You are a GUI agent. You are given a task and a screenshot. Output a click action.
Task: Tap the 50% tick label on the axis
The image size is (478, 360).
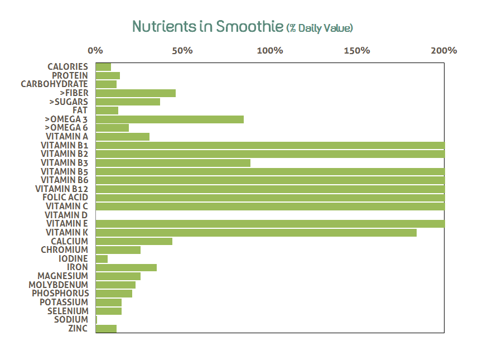pyautogui.click(x=182, y=51)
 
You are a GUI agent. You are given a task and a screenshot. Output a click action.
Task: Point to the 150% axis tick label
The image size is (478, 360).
pyautogui.click(x=357, y=51)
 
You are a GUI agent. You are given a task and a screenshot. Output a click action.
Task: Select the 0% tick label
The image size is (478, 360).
pyautogui.click(x=96, y=51)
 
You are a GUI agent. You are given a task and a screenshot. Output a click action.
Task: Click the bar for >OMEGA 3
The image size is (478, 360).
pyautogui.click(x=170, y=119)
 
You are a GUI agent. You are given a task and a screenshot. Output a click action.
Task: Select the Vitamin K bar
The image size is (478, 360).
pyautogui.click(x=256, y=232)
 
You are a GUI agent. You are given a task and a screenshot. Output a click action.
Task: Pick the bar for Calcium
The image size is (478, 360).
pyautogui.click(x=134, y=241)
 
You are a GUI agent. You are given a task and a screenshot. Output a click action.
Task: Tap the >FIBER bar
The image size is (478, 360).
pyautogui.click(x=136, y=93)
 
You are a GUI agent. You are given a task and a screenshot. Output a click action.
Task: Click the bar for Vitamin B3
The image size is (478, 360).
pyautogui.click(x=173, y=162)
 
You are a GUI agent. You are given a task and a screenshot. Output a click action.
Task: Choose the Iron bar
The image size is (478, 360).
pyautogui.click(x=126, y=267)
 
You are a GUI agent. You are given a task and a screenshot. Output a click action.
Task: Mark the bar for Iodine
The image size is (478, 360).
pyautogui.click(x=102, y=258)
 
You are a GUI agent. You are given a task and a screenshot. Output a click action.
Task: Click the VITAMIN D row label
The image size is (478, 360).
pyautogui.click(x=66, y=215)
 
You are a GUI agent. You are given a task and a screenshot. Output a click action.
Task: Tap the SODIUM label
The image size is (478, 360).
pyautogui.click(x=71, y=319)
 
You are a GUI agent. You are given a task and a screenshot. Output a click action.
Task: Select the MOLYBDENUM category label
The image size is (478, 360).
pyautogui.click(x=58, y=285)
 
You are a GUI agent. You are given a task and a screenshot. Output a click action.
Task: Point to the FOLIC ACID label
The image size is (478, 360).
pyautogui.click(x=65, y=198)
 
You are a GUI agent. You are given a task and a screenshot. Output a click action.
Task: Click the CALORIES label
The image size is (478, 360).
pyautogui.click(x=67, y=67)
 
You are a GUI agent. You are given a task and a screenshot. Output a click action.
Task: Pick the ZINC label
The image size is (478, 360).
pyautogui.click(x=78, y=328)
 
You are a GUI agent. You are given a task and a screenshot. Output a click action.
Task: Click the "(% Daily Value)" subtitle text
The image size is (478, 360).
pyautogui.click(x=320, y=27)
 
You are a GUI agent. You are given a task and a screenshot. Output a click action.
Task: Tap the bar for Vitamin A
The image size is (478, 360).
pyautogui.click(x=123, y=136)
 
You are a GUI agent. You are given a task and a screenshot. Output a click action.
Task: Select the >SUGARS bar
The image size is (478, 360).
pyautogui.click(x=128, y=102)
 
